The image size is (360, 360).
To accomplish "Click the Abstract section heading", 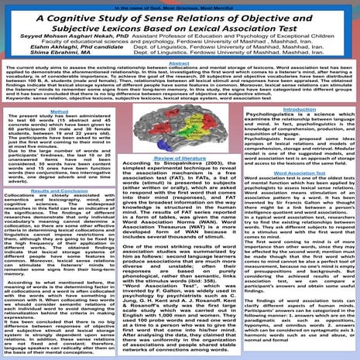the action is click(179, 65).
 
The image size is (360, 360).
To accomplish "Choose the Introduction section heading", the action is click(301, 109).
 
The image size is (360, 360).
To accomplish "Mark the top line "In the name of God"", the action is click(179, 4).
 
